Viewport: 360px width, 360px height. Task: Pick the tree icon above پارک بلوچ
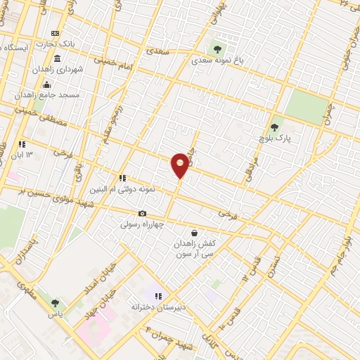click(x=274, y=127)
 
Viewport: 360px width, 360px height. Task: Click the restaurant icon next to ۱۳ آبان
click(x=22, y=143)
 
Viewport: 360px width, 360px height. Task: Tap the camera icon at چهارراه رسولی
click(x=143, y=214)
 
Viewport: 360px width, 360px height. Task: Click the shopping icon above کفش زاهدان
click(x=194, y=233)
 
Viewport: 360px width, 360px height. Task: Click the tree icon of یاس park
click(x=55, y=303)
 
